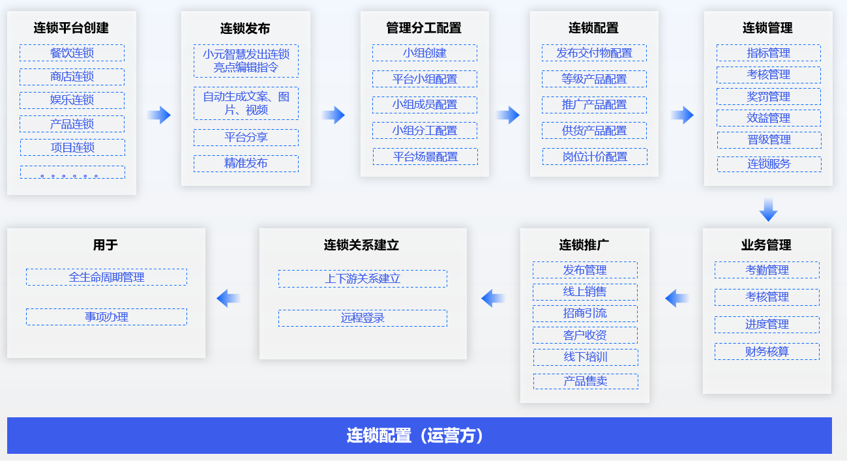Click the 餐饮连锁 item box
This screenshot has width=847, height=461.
[72, 53]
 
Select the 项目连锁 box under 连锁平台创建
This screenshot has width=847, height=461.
[72, 147]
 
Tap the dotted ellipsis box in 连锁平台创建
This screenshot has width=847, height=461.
[72, 172]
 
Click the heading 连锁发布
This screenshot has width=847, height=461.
[245, 28]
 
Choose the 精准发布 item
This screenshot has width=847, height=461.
[246, 164]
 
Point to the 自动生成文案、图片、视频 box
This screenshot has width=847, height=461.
[246, 103]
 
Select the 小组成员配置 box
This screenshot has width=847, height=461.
[424, 105]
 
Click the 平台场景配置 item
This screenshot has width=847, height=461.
[425, 156]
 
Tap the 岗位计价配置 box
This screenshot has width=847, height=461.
[595, 156]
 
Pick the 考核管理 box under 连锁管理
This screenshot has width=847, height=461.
[769, 75]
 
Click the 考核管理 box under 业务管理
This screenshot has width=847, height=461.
[767, 297]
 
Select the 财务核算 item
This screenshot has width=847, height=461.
[767, 351]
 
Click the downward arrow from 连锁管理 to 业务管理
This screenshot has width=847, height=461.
[768, 209]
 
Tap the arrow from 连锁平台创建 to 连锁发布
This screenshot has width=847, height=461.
[159, 115]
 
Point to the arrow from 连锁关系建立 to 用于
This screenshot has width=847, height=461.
[229, 299]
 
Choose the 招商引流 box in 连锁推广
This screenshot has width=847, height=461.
[586, 314]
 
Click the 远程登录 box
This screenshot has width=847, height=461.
[363, 318]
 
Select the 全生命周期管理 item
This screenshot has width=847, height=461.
[107, 277]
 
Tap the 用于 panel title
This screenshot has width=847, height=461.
[106, 245]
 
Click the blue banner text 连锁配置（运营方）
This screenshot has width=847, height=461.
[415, 436]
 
